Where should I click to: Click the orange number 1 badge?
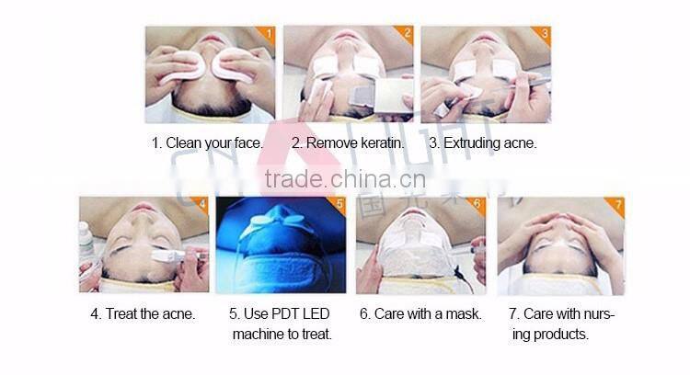(268, 36)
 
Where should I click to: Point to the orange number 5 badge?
(339, 205)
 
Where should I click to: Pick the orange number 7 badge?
(618, 205)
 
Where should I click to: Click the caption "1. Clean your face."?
(208, 143)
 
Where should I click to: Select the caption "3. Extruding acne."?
(482, 143)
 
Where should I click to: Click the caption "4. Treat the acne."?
(143, 313)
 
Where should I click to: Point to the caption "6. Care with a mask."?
(420, 313)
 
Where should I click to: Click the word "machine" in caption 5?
(258, 335)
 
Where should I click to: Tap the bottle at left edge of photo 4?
(86, 242)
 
